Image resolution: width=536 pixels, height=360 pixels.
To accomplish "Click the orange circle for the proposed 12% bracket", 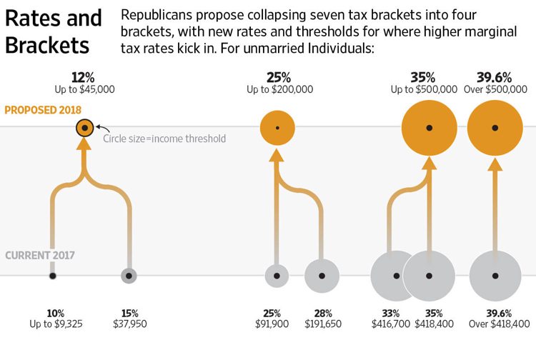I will click(84, 128).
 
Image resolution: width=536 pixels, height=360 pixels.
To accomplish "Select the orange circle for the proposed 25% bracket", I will click(277, 128).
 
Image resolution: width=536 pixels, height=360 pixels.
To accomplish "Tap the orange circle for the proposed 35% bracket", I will click(429, 128).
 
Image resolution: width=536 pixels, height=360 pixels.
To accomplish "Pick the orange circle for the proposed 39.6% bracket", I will click(495, 128).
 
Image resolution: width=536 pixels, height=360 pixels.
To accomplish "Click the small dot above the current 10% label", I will click(52, 275).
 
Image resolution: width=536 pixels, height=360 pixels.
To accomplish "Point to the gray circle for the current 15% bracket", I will click(129, 275).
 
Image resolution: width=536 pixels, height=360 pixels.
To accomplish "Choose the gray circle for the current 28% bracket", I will click(322, 276).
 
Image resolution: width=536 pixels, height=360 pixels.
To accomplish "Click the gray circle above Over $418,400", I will click(495, 276).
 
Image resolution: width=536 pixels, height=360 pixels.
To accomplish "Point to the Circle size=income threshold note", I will click(164, 139).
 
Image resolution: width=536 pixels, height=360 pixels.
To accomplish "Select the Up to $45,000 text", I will click(84, 89).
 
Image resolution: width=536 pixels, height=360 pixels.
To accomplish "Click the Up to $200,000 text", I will click(279, 89).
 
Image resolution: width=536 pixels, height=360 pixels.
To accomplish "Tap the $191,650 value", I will click(322, 324).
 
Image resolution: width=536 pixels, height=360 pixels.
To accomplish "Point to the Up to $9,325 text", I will click(56, 324).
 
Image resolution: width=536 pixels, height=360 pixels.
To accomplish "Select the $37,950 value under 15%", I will click(130, 324).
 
